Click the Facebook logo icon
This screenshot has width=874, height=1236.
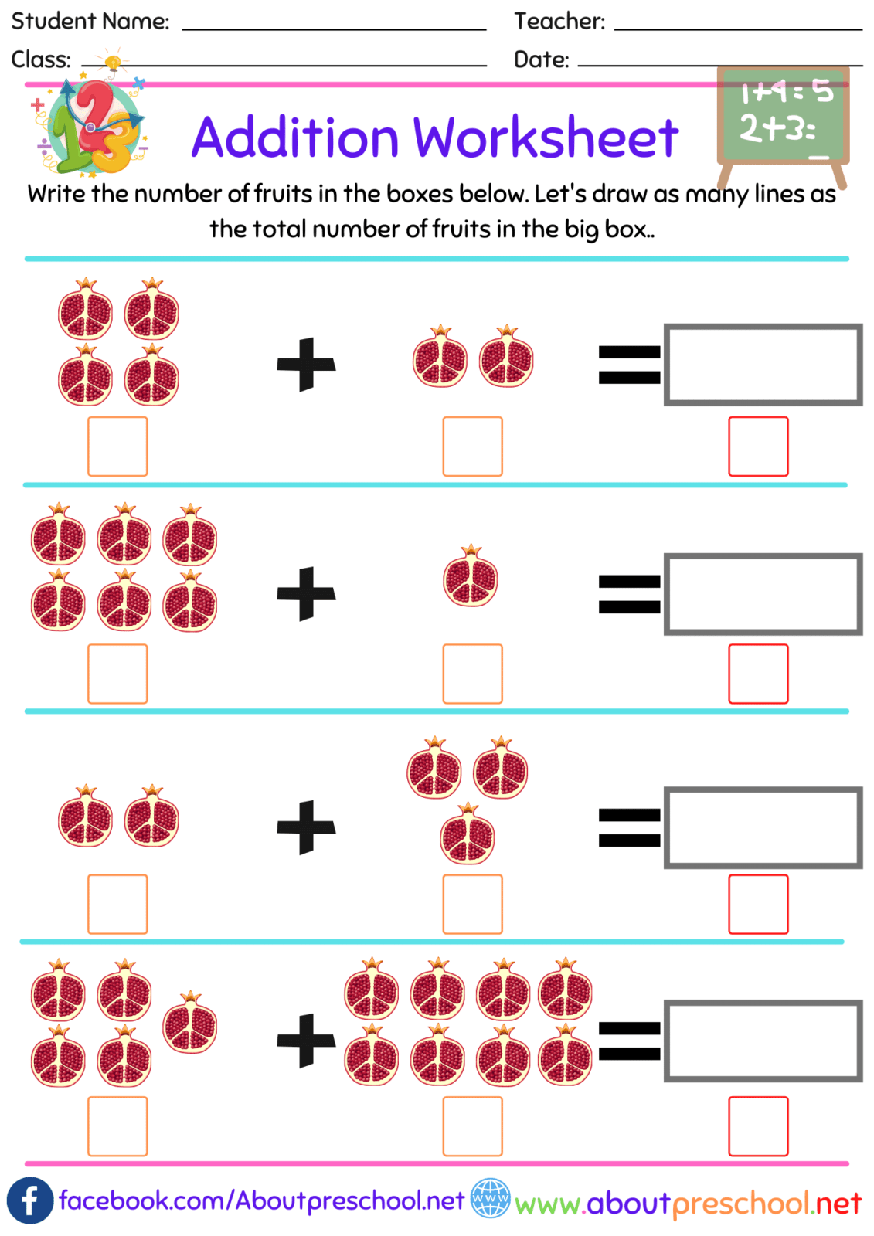tap(29, 1200)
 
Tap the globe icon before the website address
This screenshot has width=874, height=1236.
tap(490, 1198)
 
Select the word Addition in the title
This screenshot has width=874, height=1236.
tap(294, 138)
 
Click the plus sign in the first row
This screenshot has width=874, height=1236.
tap(306, 364)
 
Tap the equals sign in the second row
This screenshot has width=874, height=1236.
tap(629, 594)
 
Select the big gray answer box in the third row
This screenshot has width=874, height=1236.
tap(763, 827)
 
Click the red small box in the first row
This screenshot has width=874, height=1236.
tap(758, 447)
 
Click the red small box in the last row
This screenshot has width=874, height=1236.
tap(758, 1126)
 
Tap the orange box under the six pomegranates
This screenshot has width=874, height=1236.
tap(117, 674)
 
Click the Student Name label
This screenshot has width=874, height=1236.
tap(90, 21)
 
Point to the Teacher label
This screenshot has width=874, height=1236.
tap(559, 21)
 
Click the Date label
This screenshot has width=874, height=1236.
tap(541, 59)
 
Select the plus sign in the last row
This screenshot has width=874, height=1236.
tap(306, 1040)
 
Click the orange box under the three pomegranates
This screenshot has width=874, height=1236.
tap(472, 904)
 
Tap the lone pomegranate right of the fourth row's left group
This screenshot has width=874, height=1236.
tap(190, 1023)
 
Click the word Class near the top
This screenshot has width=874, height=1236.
tap(40, 59)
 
